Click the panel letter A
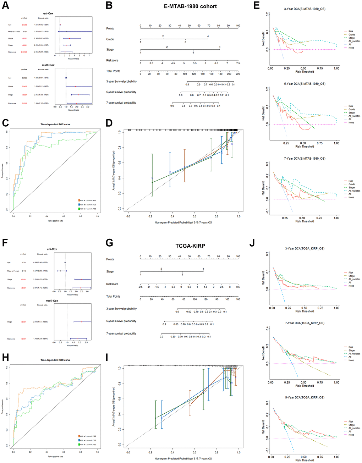pos(5,6)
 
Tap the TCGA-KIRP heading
pos(190,245)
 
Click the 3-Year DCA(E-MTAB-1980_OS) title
pos(305,9)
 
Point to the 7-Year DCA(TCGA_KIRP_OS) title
pos(304,323)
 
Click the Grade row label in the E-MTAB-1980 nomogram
pos(110,39)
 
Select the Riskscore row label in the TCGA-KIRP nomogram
pos(112,284)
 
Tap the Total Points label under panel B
pos(113,71)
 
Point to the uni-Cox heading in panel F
pos(52,249)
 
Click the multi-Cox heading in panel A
pos(48,65)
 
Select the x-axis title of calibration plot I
pos(183,458)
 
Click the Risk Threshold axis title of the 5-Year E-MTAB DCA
pos(305,146)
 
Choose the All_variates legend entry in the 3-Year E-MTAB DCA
pos(354,41)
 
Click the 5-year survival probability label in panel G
pos(121,321)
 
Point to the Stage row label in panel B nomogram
pos(110,50)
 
